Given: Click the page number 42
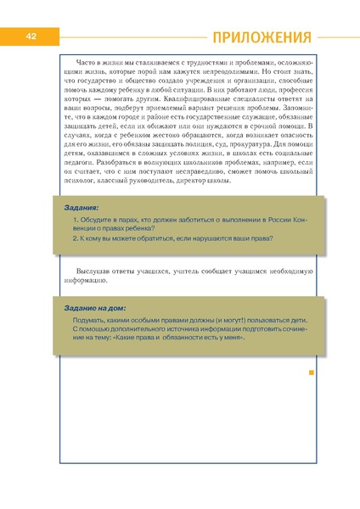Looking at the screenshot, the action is tap(29, 36).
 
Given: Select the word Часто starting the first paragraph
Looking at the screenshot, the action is tap(87, 62).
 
